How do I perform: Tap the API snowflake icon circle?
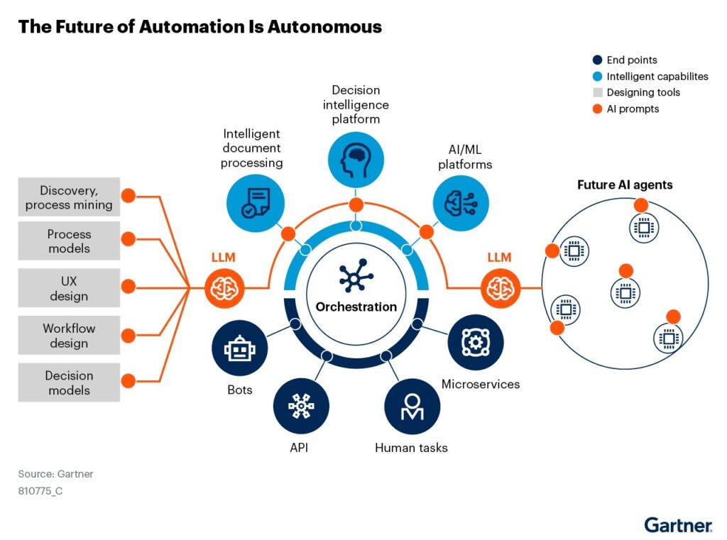(301, 405)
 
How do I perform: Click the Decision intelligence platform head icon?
(356, 160)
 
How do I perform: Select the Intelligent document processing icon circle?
(253, 202)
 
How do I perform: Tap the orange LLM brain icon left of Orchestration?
(224, 288)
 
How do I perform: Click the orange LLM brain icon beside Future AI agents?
(501, 288)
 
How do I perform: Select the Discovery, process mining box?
(69, 197)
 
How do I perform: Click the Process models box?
(69, 241)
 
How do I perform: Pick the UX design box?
(69, 287)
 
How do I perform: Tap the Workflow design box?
(69, 336)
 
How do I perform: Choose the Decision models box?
(69, 382)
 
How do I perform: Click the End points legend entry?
(625, 60)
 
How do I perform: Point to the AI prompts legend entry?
(625, 109)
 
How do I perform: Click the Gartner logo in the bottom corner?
(678, 525)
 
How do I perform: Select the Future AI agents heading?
(625, 185)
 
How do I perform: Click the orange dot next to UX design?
(129, 287)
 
